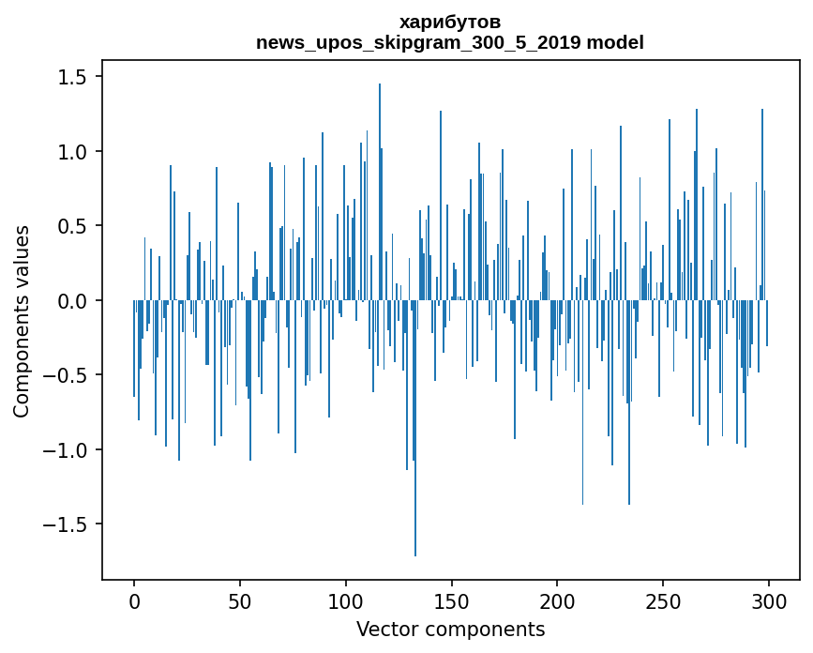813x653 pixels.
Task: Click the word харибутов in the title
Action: click(x=450, y=23)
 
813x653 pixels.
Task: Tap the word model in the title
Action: click(x=615, y=41)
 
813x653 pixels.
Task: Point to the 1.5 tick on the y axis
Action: click(x=74, y=76)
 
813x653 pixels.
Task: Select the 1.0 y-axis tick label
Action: click(x=74, y=151)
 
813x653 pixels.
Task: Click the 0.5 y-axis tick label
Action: click(x=74, y=225)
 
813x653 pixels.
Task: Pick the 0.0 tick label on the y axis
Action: click(x=74, y=300)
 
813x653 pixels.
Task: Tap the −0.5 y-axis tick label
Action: click(x=67, y=375)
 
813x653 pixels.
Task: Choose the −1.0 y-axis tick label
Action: click(x=67, y=449)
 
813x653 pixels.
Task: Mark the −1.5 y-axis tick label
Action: click(x=67, y=524)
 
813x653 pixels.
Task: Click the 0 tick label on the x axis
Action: click(x=134, y=601)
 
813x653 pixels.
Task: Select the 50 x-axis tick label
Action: click(x=239, y=601)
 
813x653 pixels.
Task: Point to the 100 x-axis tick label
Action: click(x=345, y=601)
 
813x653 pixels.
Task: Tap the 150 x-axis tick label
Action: click(x=451, y=601)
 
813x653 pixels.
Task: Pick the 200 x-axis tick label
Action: click(x=557, y=601)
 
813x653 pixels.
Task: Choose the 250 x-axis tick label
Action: click(x=663, y=601)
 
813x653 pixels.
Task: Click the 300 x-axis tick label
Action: click(x=768, y=601)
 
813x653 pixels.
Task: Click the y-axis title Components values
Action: click(x=22, y=322)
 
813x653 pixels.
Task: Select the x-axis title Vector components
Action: click(x=450, y=630)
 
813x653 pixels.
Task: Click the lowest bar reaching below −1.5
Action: click(x=415, y=428)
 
